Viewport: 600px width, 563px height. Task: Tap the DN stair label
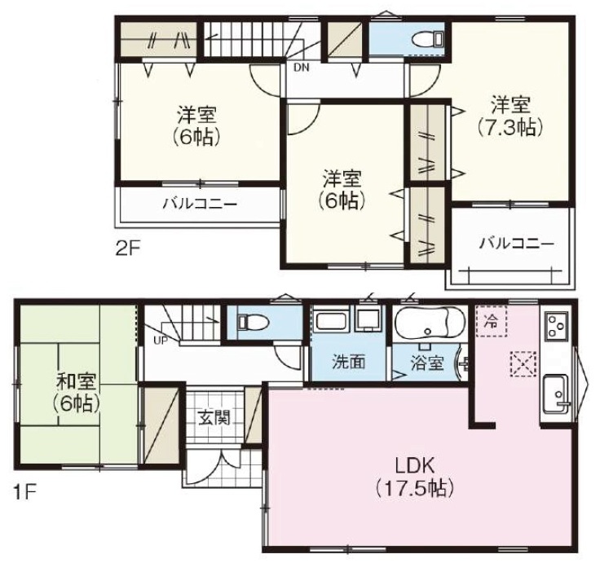tap(302, 68)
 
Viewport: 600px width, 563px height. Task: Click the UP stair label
tap(161, 340)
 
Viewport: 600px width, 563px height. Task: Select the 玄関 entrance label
tap(214, 418)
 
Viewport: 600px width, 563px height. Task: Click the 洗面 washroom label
tap(349, 362)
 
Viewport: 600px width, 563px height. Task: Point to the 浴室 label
tap(427, 363)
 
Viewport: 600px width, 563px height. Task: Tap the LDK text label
tap(415, 466)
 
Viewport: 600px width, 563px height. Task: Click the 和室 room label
tap(77, 381)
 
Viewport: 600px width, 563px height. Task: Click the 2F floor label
tap(128, 249)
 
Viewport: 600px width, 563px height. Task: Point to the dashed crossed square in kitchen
tap(523, 363)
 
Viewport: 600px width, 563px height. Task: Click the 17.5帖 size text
tap(415, 488)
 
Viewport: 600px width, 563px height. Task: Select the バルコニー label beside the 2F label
tap(200, 204)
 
